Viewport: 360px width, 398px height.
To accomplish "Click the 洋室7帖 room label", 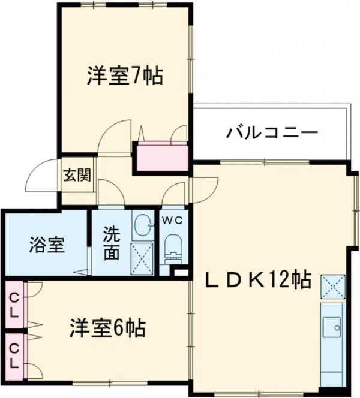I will click(x=124, y=76).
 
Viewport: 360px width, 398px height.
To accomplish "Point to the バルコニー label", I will click(x=272, y=132).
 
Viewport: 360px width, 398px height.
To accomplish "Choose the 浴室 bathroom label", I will click(x=46, y=245).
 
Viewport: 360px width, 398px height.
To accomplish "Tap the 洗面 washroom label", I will click(x=110, y=243).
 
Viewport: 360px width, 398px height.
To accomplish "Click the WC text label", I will click(x=173, y=220).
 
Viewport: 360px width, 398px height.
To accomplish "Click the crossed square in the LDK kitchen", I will click(x=333, y=287).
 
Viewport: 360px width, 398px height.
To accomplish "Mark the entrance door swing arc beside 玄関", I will click(x=43, y=177).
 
